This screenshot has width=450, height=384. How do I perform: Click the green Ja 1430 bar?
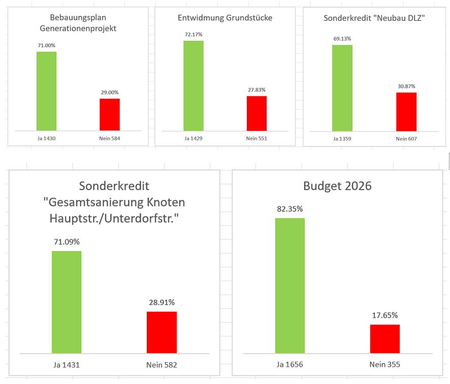[46, 91]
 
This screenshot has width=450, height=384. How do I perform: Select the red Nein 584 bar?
[109, 114]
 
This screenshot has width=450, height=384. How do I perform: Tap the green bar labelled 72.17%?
[193, 85]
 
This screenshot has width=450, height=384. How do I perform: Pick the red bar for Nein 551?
[256, 113]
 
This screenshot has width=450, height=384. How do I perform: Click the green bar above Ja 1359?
[342, 87]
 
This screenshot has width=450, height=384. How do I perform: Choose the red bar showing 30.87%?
[406, 111]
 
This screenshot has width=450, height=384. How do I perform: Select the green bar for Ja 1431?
[67, 302]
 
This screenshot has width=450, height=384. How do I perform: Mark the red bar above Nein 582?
[162, 332]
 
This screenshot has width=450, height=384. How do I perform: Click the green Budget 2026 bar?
[290, 285]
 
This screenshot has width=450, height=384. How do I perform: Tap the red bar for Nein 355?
[384, 338]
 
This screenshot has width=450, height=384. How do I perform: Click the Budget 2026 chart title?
[337, 186]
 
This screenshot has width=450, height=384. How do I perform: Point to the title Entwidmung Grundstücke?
[225, 18]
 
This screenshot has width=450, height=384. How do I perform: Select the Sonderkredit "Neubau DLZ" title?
[374, 18]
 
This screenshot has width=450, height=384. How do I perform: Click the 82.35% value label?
[290, 209]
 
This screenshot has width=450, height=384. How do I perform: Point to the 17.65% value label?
[384, 316]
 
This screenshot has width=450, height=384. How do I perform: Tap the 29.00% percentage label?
[109, 92]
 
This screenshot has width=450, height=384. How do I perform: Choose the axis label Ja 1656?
[290, 364]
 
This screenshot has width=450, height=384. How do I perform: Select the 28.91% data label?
[162, 302]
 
